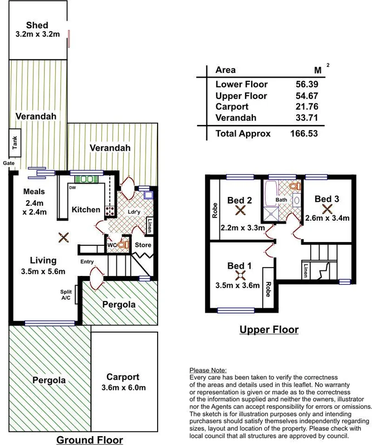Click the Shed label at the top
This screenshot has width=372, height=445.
click(x=37, y=25)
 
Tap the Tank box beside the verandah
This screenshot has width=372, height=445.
click(x=12, y=145)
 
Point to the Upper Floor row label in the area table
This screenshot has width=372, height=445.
click(x=241, y=96)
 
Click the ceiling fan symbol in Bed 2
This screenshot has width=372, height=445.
click(x=241, y=210)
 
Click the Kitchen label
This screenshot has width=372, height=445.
click(x=86, y=210)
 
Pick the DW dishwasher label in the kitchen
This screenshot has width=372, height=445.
click(x=73, y=187)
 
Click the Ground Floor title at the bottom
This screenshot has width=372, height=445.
click(x=90, y=440)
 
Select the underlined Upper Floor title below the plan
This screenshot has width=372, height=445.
click(x=269, y=330)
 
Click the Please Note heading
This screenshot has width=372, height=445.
click(x=209, y=370)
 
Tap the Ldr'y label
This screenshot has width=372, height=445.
click(x=133, y=212)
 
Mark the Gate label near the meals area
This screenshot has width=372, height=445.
click(x=8, y=163)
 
